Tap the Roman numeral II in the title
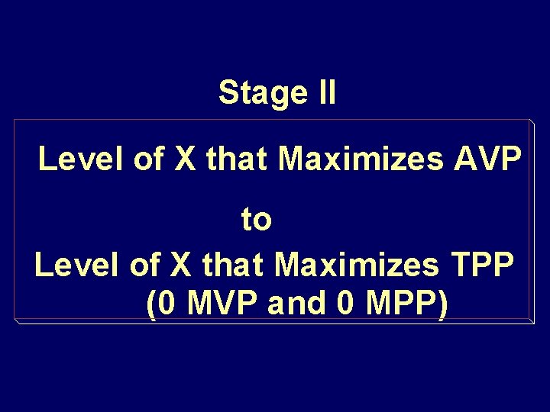324,93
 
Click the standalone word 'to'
257,220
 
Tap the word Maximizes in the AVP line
362,160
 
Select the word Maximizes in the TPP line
357,266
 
